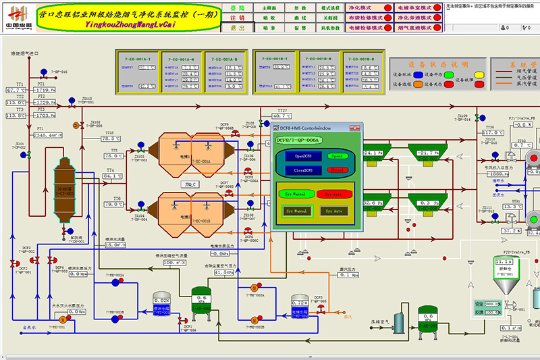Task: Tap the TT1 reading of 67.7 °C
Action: pyautogui.click(x=16, y=90)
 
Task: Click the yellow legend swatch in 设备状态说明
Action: pyautogui.click(x=481, y=74)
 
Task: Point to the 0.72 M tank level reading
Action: pyautogui.click(x=300, y=303)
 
